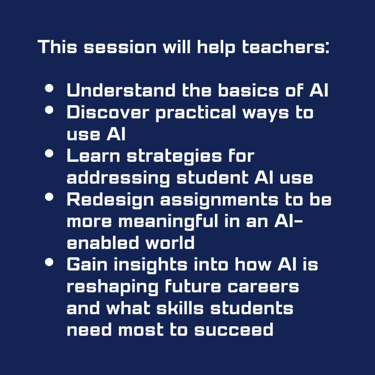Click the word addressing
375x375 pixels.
coord(118,178)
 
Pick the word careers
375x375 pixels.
coord(264,287)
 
